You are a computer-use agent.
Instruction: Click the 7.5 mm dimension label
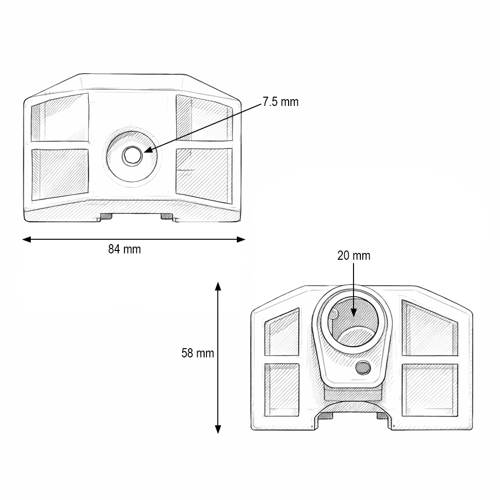coord(280,102)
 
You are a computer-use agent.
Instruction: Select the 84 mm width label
coord(124,250)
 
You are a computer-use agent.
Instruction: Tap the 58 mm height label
coord(198,353)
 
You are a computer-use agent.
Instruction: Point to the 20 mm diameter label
coord(354,255)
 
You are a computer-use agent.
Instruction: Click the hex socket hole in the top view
coord(132,156)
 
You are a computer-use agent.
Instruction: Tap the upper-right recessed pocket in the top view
coord(204,118)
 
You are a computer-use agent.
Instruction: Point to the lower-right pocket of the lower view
coord(430,390)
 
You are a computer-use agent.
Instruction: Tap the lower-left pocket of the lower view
coord(282,390)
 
